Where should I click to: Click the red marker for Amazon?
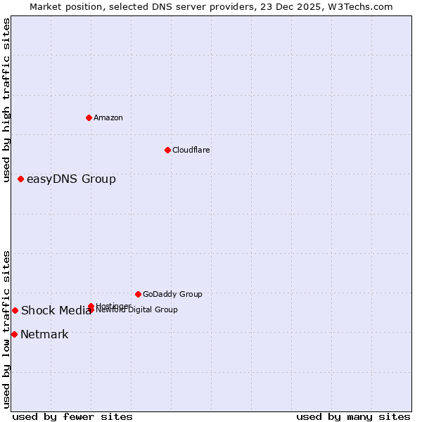click(89, 117)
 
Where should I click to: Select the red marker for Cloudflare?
click(167, 150)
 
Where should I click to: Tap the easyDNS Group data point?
click(21, 179)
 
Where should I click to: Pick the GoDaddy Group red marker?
click(138, 294)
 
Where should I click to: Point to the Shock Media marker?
click(15, 310)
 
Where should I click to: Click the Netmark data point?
click(14, 334)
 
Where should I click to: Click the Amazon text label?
click(108, 117)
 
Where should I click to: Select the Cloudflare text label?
click(191, 150)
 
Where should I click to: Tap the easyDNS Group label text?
click(71, 179)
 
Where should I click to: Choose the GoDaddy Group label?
click(172, 294)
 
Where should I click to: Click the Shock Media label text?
click(56, 311)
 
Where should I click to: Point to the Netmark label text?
click(44, 335)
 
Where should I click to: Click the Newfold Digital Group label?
click(137, 310)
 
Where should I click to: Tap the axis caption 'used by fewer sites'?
click(72, 416)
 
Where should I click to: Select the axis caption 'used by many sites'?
click(353, 416)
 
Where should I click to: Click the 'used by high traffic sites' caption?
click(7, 100)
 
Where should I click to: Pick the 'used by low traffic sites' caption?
click(7, 329)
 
